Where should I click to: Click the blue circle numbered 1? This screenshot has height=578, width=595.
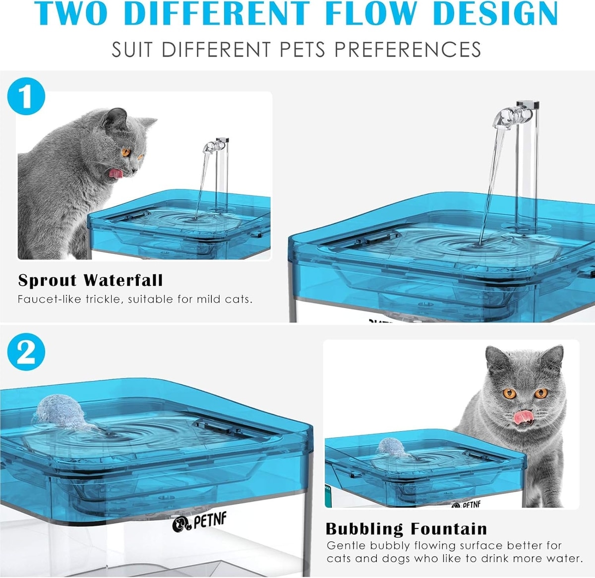[x=26, y=96]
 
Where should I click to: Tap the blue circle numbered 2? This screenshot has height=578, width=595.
[x=26, y=352]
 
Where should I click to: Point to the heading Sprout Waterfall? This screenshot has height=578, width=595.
[x=91, y=280]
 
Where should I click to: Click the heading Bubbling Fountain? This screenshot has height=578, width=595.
[x=407, y=529]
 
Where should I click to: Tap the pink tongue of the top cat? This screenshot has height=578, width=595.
[x=116, y=174]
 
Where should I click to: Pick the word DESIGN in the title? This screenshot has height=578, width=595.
[x=496, y=13]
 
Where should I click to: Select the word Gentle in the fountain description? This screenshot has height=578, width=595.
[x=346, y=546]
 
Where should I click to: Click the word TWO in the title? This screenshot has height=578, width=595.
[x=71, y=13]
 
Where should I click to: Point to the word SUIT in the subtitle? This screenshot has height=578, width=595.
[x=132, y=50]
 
